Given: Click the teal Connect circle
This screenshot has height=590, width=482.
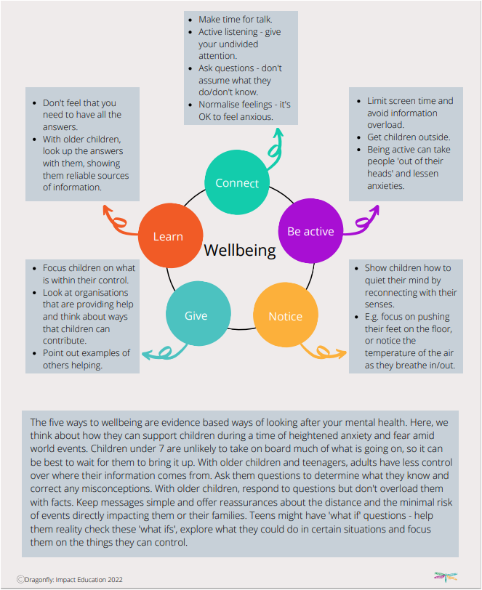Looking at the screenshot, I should coord(237,183).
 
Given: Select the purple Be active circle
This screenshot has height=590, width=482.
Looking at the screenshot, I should coord(310,232).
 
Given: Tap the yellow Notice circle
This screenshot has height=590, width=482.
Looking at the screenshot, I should coord(285,316).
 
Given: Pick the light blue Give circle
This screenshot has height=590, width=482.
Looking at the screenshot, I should coord(196,315).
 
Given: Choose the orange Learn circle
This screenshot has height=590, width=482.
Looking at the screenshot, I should coord(168,236).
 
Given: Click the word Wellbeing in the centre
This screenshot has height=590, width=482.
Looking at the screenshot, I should coord(240,251).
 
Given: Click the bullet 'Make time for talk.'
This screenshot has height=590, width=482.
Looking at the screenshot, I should coord(234,20).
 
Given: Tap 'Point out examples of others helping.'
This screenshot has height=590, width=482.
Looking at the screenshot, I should coord(86,359).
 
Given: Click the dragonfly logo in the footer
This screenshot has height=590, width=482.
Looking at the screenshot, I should coord(445,577).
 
